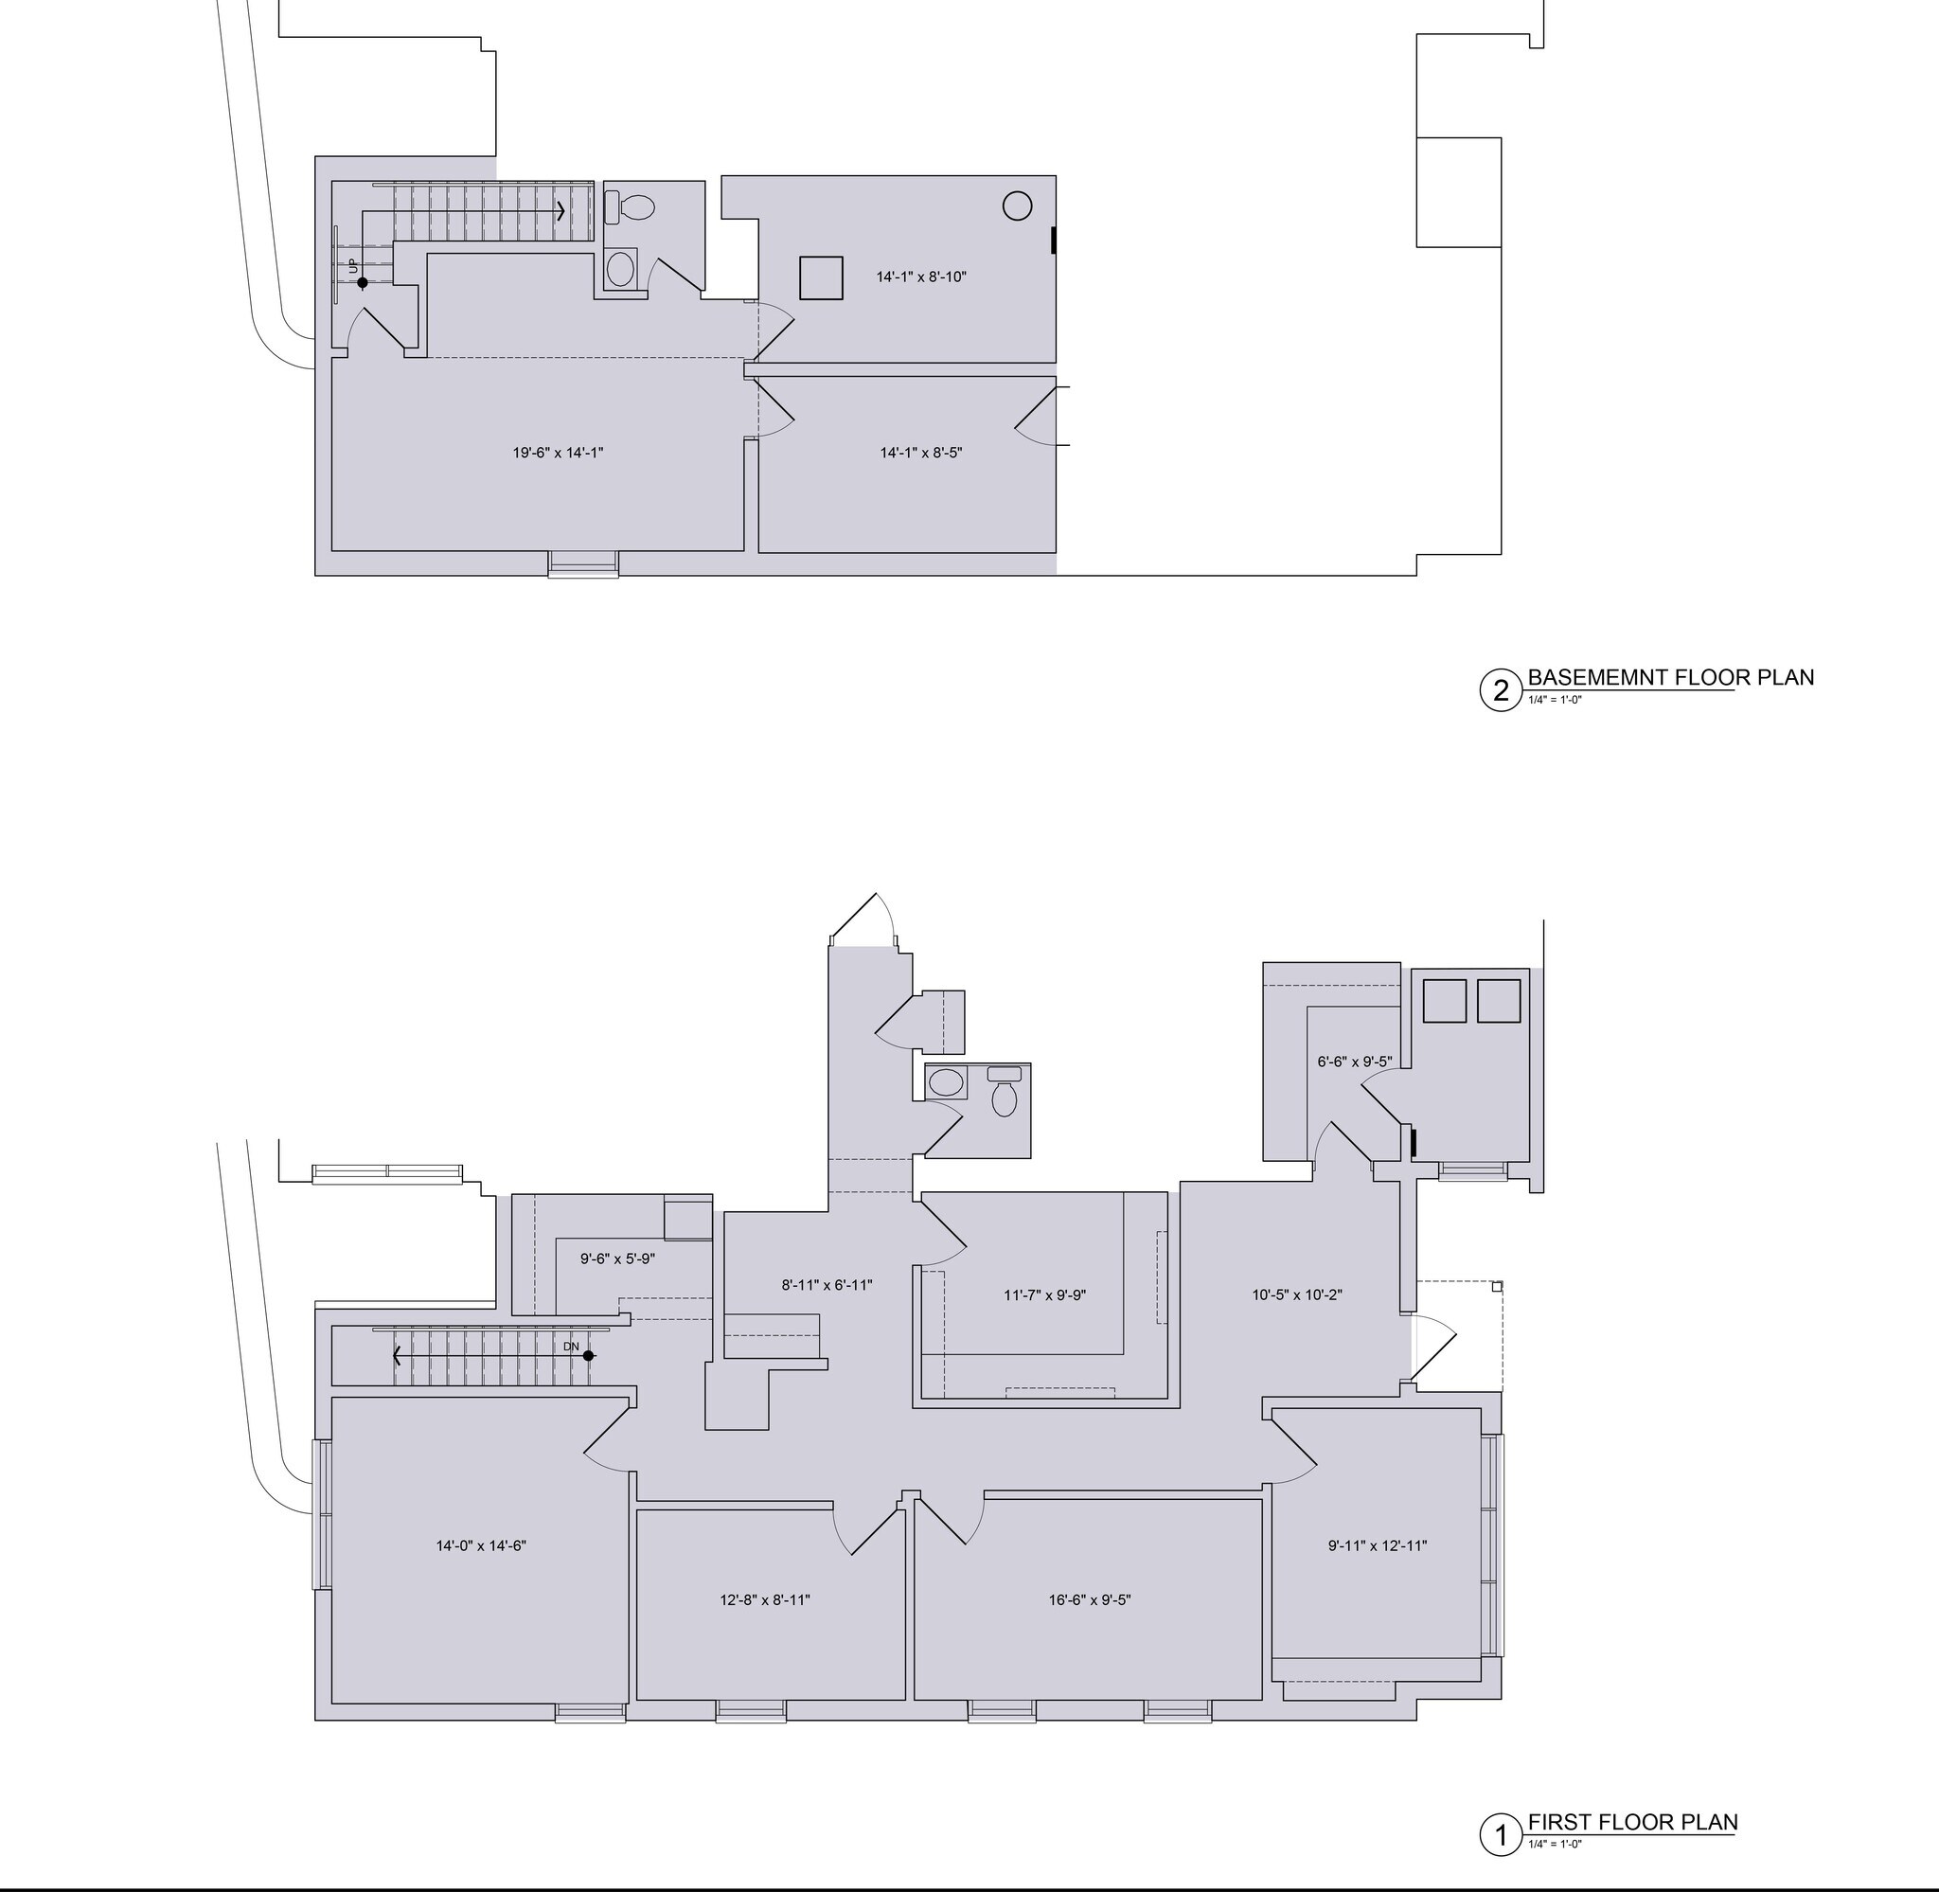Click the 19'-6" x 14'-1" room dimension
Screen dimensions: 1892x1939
coord(558,454)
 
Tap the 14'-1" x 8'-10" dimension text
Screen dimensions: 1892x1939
coord(921,277)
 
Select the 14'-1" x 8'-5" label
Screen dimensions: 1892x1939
coord(921,454)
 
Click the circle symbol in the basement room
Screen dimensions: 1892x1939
coord(1017,205)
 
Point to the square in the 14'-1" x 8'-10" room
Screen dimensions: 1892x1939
coord(822,277)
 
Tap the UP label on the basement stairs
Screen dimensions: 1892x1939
coord(352,265)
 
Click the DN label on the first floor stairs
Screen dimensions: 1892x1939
coord(571,1347)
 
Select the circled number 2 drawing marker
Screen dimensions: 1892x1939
coord(1501,689)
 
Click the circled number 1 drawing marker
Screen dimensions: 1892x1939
coord(1501,1835)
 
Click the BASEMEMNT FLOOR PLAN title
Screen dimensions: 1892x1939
coord(1671,678)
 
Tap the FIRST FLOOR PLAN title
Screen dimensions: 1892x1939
coord(1633,1823)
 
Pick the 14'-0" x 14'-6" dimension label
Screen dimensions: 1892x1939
coord(481,1545)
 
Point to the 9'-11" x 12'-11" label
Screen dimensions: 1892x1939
coord(1378,1545)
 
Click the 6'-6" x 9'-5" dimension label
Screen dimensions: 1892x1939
coord(1355,1062)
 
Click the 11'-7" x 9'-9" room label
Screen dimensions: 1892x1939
coord(1045,1294)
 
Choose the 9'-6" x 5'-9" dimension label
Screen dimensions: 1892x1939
coord(618,1259)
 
